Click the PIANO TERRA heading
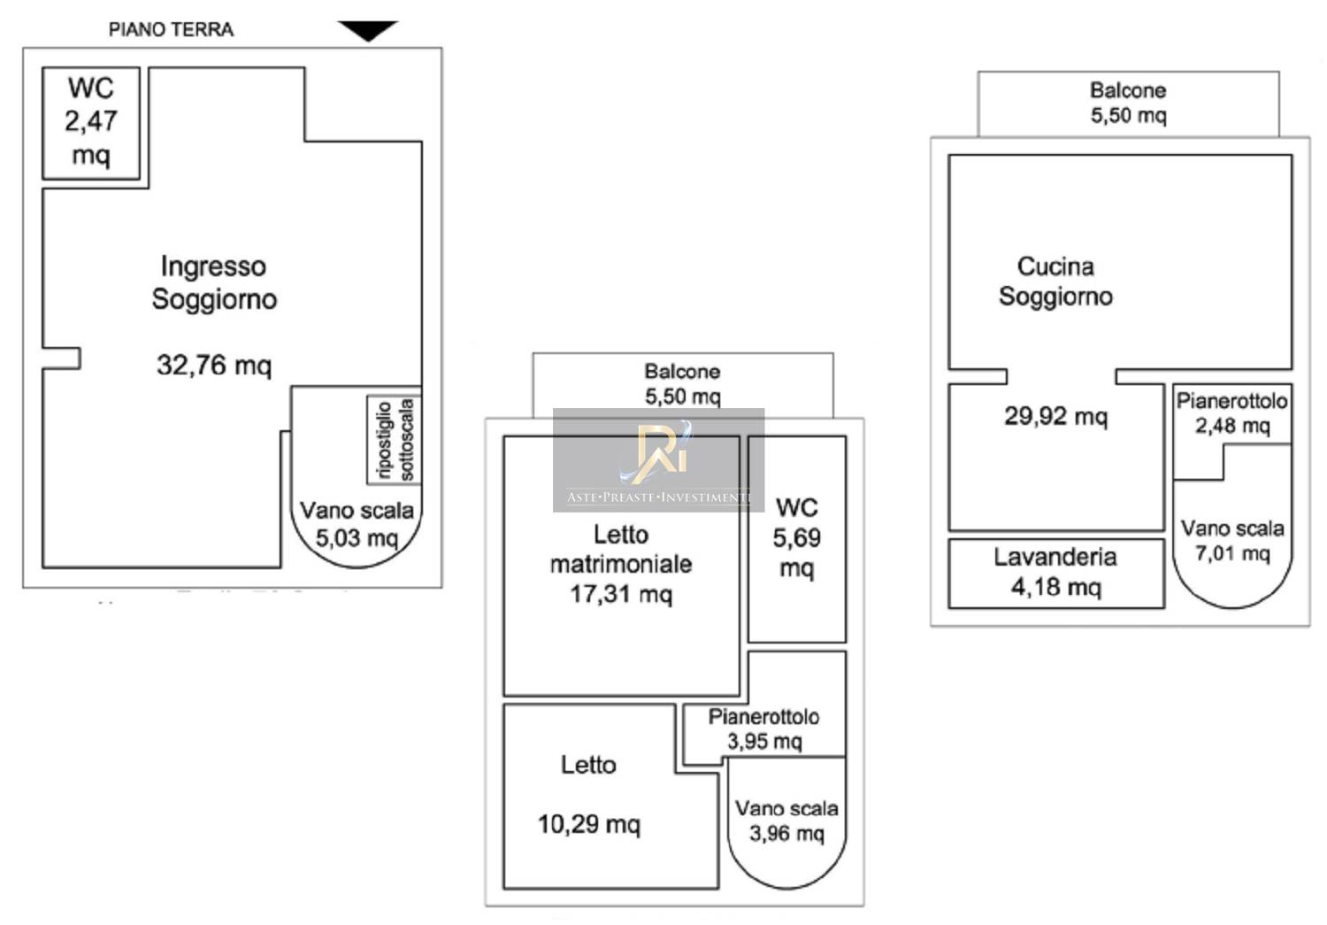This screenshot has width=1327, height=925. click(x=171, y=29)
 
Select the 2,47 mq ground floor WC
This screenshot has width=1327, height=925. click(x=91, y=122)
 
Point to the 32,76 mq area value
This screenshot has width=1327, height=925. click(x=213, y=365)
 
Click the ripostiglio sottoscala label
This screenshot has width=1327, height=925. click(x=395, y=440)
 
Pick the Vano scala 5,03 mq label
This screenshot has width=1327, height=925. click(x=357, y=524)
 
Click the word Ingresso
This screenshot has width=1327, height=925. click(x=213, y=266)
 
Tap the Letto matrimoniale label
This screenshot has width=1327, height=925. click(x=621, y=549)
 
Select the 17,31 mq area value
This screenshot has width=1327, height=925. click(x=621, y=594)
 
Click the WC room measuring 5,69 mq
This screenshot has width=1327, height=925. click(x=796, y=537)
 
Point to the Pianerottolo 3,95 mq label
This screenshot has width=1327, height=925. click(x=763, y=728)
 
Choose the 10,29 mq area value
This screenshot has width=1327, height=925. click(x=588, y=824)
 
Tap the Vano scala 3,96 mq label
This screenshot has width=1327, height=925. click(x=786, y=821)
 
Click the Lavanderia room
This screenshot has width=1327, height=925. click(x=1055, y=572)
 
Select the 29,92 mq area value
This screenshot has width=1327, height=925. click(x=1055, y=416)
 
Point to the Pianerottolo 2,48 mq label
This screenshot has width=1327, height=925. click(x=1231, y=412)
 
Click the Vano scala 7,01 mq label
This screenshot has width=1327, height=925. click(x=1232, y=541)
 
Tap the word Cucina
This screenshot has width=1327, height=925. click(x=1055, y=266)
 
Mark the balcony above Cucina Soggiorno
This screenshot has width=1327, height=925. click(x=1128, y=103)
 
